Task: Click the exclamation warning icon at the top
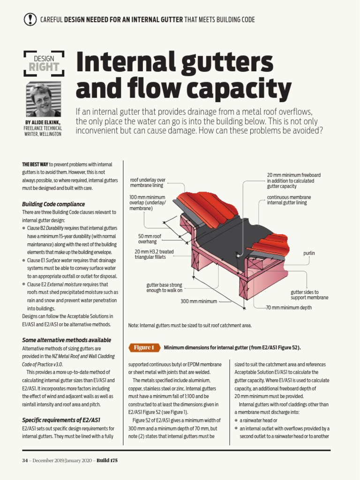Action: tap(30, 19)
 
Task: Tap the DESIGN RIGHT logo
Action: tap(44, 63)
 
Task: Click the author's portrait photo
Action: tap(43, 100)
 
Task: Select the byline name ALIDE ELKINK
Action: tap(48, 123)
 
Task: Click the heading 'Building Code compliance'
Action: tap(53, 204)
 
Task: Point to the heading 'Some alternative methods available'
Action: tap(67, 340)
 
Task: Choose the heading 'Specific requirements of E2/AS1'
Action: tap(61, 420)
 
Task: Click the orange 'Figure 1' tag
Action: tap(144, 347)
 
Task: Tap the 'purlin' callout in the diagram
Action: tap(309, 253)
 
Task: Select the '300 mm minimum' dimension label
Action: tap(199, 301)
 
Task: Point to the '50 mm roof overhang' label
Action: tap(150, 239)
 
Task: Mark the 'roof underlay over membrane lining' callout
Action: tap(148, 182)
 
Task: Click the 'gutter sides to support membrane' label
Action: tap(309, 295)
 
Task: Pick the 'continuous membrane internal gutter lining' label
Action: tap(289, 200)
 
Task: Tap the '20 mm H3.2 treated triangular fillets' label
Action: tap(154, 254)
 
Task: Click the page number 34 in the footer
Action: tap(25, 460)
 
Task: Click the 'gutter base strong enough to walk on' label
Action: tap(164, 287)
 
